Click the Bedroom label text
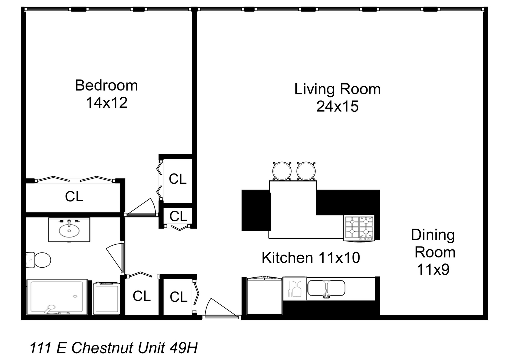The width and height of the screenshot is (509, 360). (106, 86)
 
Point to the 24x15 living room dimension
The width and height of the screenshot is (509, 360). (337, 107)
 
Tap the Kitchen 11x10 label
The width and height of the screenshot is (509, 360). (311, 258)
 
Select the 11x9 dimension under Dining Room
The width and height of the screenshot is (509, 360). (433, 269)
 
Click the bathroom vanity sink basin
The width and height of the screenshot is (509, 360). (69, 230)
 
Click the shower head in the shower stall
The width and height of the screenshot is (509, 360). (51, 307)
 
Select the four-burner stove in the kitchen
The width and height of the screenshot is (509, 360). (359, 228)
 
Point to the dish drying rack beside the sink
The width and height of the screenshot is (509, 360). (294, 288)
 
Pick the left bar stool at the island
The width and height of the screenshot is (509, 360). (282, 171)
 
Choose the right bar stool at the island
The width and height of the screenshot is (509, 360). (306, 171)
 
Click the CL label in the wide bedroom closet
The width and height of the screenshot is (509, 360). (74, 197)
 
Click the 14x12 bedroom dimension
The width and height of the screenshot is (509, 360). (107, 103)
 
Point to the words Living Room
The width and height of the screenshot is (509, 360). (337, 89)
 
